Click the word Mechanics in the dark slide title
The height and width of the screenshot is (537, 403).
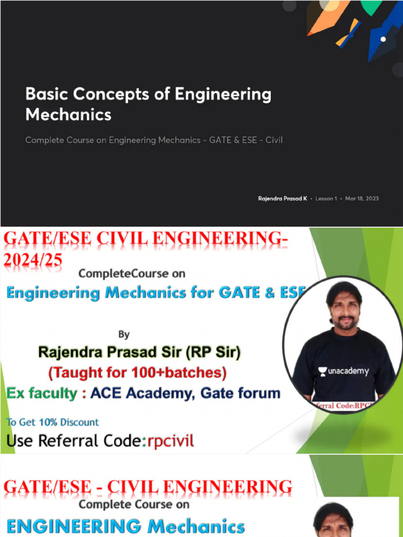(x=68, y=114)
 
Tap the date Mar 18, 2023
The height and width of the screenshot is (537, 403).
(x=362, y=199)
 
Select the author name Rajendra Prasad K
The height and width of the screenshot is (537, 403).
(x=282, y=199)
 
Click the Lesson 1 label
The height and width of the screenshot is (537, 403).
(x=326, y=199)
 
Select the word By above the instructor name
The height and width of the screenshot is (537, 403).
(x=124, y=334)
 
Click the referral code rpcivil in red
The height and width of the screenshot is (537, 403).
(x=168, y=441)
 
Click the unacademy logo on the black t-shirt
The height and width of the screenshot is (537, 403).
(x=344, y=371)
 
